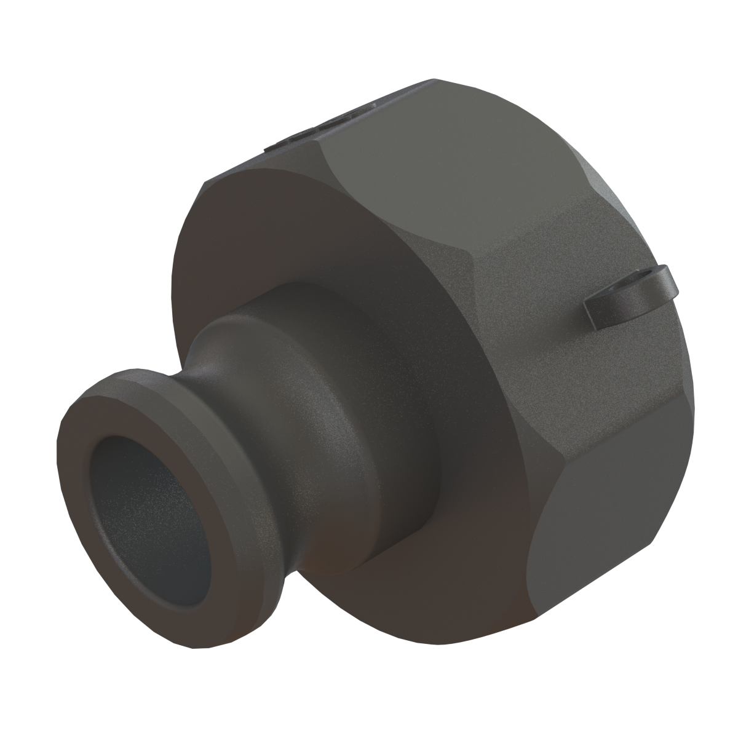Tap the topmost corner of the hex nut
[x=434, y=80]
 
